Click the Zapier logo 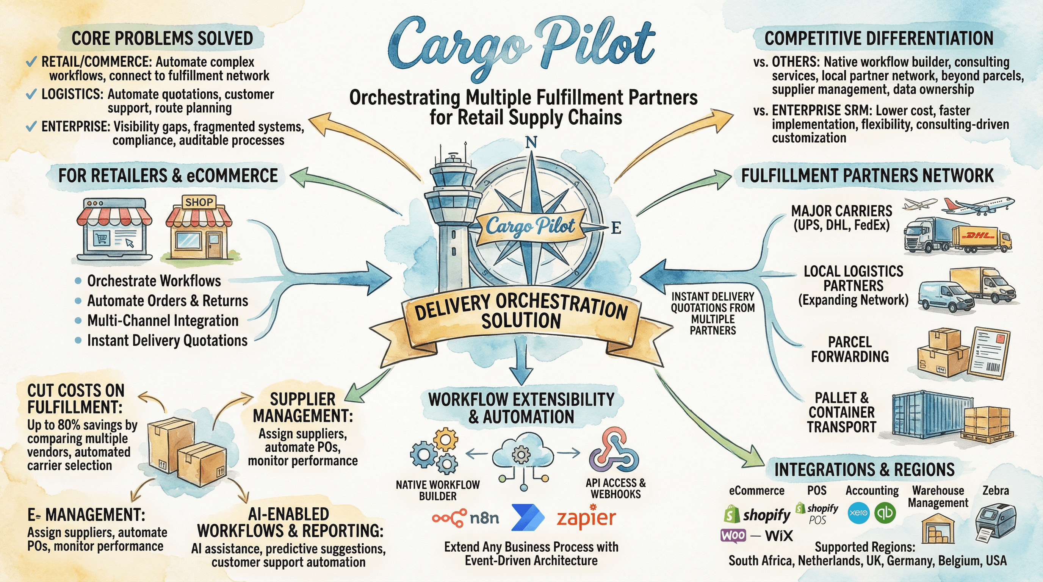(x=586, y=518)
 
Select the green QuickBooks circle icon (x=885, y=513)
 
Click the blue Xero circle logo (x=858, y=513)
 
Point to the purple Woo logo (x=733, y=535)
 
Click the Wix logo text (x=778, y=536)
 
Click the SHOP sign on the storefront (x=199, y=202)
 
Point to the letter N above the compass (x=531, y=142)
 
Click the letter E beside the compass (x=616, y=228)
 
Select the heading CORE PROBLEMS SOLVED (x=162, y=38)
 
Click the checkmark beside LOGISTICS (x=31, y=94)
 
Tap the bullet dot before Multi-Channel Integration (x=78, y=321)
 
